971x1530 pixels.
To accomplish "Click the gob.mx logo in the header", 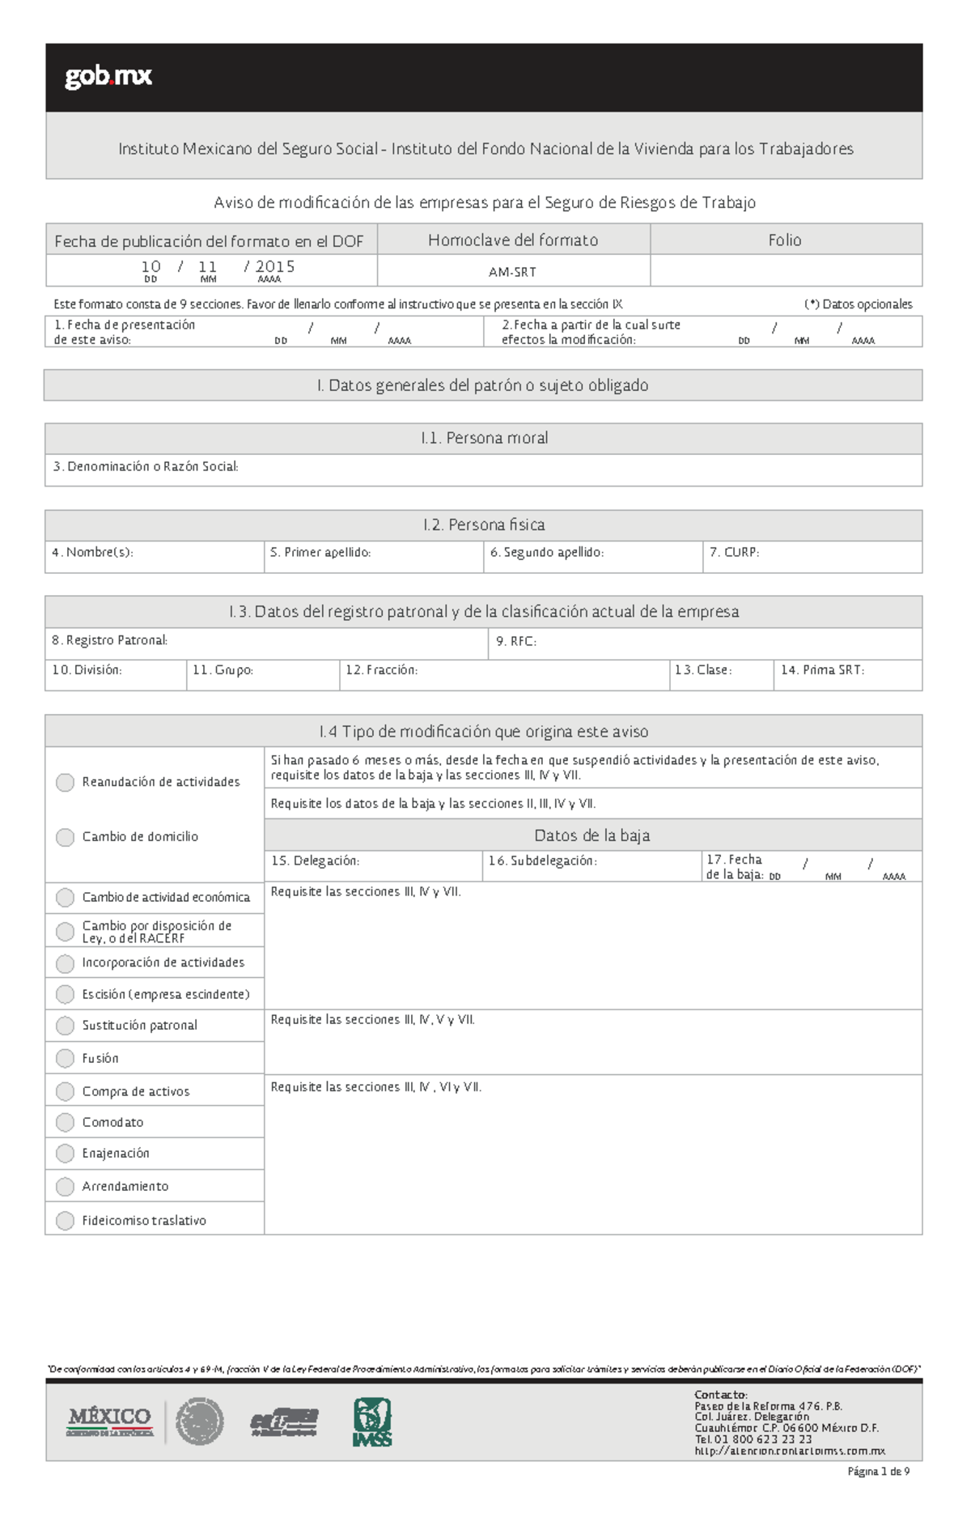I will (108, 77).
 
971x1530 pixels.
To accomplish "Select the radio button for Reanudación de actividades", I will (65, 782).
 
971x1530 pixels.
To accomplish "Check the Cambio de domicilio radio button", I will (65, 837).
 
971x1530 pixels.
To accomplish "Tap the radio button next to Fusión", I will (65, 1058).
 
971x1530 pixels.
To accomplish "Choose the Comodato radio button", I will (65, 1122).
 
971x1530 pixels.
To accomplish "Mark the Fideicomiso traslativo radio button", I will (65, 1220).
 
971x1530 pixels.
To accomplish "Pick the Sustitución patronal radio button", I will (65, 1026).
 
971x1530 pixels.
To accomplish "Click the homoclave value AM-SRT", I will (512, 272).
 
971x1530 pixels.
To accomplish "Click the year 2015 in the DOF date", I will (275, 266).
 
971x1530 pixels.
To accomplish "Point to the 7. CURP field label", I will (734, 552).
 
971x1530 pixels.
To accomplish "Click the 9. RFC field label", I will (515, 641).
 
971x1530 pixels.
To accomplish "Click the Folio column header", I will (785, 240).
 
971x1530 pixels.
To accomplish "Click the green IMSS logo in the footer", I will (372, 1422).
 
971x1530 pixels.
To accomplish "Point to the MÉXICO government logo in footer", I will (110, 1421).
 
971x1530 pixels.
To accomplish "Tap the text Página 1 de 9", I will (878, 1472).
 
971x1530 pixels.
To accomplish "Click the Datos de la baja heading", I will (592, 835).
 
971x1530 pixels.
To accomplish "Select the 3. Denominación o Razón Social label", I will (146, 466).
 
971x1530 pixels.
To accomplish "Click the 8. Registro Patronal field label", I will (109, 640).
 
